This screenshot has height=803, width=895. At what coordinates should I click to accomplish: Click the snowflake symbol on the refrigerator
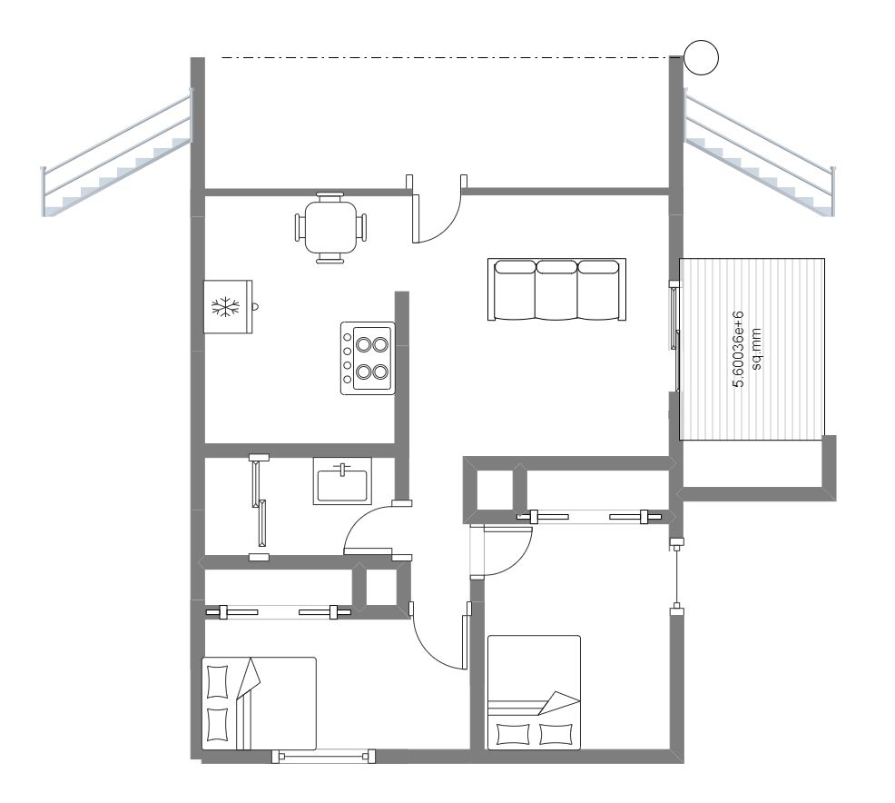pyautogui.click(x=223, y=307)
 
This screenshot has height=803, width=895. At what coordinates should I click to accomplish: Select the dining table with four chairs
pyautogui.click(x=330, y=227)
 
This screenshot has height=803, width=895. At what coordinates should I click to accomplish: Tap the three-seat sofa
pyautogui.click(x=556, y=290)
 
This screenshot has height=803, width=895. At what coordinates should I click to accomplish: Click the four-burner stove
pyautogui.click(x=368, y=358)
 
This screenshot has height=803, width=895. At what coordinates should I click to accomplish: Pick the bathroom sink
pyautogui.click(x=342, y=480)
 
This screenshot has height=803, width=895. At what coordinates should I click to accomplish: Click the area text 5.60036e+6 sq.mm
pyautogui.click(x=745, y=350)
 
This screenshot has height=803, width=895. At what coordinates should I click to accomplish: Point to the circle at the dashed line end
pyautogui.click(x=701, y=57)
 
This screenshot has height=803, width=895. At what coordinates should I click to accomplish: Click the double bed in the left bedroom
pyautogui.click(x=259, y=703)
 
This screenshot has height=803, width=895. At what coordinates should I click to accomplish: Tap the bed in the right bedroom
pyautogui.click(x=534, y=692)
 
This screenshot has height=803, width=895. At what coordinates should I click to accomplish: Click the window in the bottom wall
pyautogui.click(x=324, y=754)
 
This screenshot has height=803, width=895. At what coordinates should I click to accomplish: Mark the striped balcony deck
pyautogui.click(x=752, y=348)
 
